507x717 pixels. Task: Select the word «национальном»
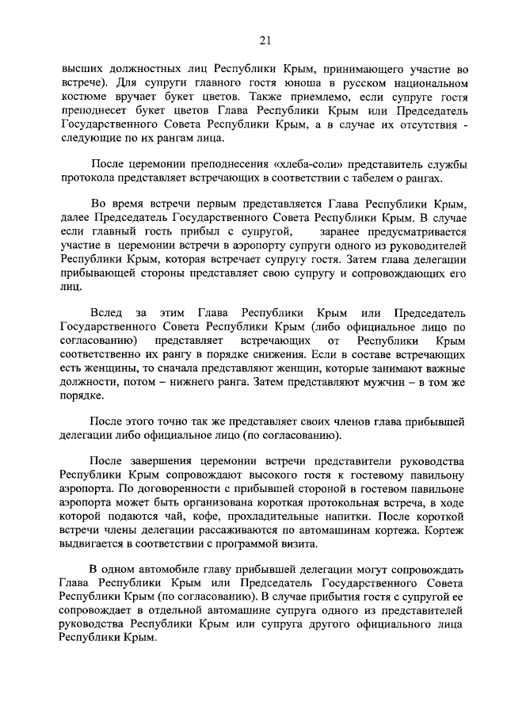[427, 82]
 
